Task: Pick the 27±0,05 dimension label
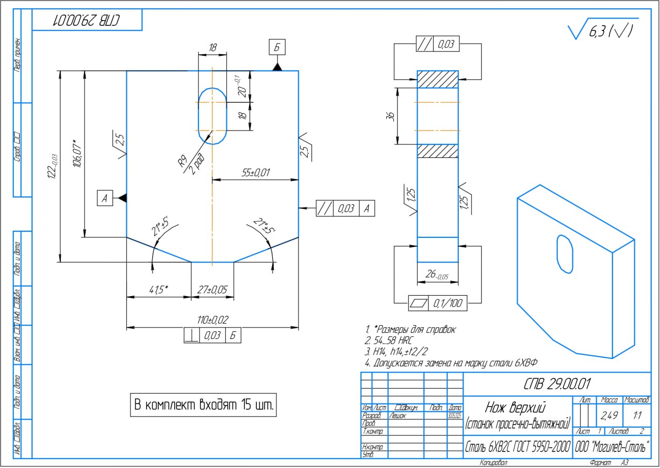click(212, 290)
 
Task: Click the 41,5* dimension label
click(159, 290)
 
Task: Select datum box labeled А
click(105, 198)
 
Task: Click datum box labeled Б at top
click(277, 47)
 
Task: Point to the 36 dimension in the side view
click(390, 116)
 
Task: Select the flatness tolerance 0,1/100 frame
click(437, 303)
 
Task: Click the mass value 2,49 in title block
click(610, 415)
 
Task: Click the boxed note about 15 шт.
click(204, 405)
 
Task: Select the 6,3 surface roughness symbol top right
click(603, 31)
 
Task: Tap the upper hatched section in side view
click(437, 79)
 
